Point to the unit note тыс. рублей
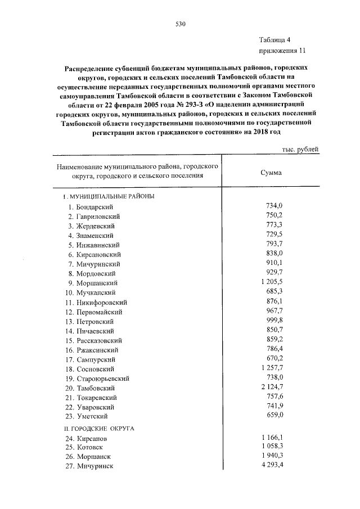coord(300,149)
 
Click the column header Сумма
coord(272,173)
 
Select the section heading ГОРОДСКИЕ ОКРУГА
coord(99,428)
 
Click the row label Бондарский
coord(96,208)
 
